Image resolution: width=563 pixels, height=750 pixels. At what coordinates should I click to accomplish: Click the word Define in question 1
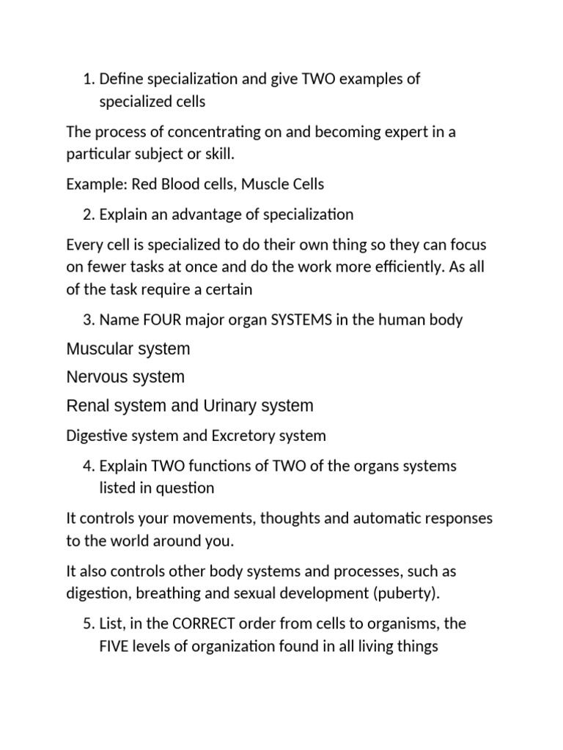(121, 78)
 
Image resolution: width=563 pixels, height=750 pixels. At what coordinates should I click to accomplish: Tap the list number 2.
(87, 215)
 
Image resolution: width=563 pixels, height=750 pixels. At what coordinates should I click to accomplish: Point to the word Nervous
(95, 377)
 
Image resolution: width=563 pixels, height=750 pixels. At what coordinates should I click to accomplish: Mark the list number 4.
(87, 467)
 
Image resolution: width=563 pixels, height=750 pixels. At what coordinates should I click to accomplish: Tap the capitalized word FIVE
(113, 647)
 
